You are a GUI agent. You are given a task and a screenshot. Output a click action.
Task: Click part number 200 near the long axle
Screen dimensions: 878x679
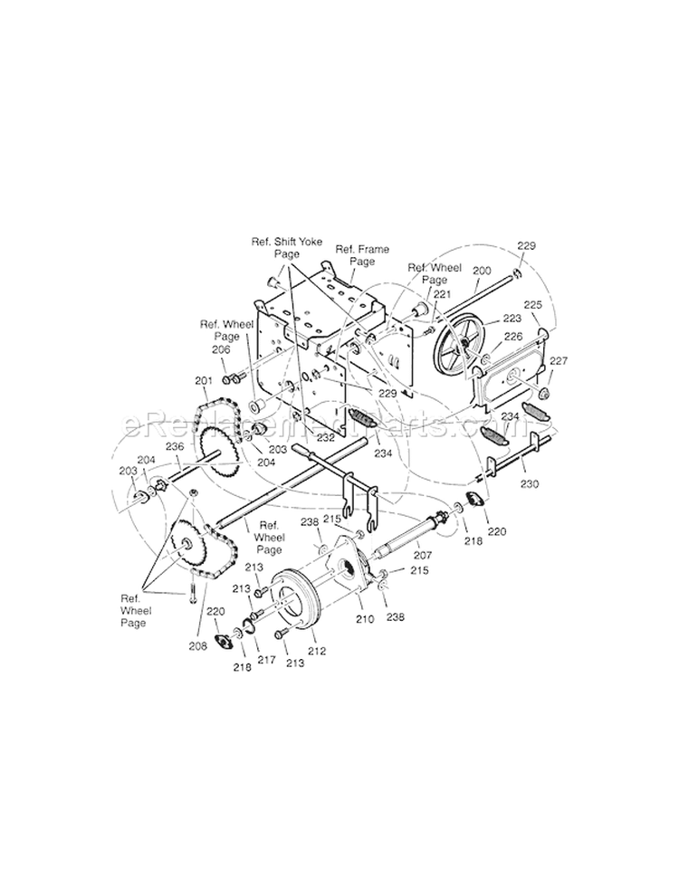click(x=482, y=271)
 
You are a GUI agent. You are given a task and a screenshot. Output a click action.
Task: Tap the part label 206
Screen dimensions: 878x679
click(x=221, y=349)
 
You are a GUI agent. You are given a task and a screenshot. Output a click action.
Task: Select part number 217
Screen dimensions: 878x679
click(x=266, y=660)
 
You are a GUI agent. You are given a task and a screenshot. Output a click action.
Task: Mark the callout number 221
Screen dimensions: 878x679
click(x=441, y=294)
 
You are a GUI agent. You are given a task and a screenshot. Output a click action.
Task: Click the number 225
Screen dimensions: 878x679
click(x=533, y=306)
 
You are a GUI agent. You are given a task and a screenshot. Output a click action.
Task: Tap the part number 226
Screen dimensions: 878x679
click(x=514, y=337)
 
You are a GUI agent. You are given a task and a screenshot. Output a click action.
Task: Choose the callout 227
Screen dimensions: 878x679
click(x=559, y=361)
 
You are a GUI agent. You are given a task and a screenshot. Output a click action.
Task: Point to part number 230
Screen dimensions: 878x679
click(x=530, y=484)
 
